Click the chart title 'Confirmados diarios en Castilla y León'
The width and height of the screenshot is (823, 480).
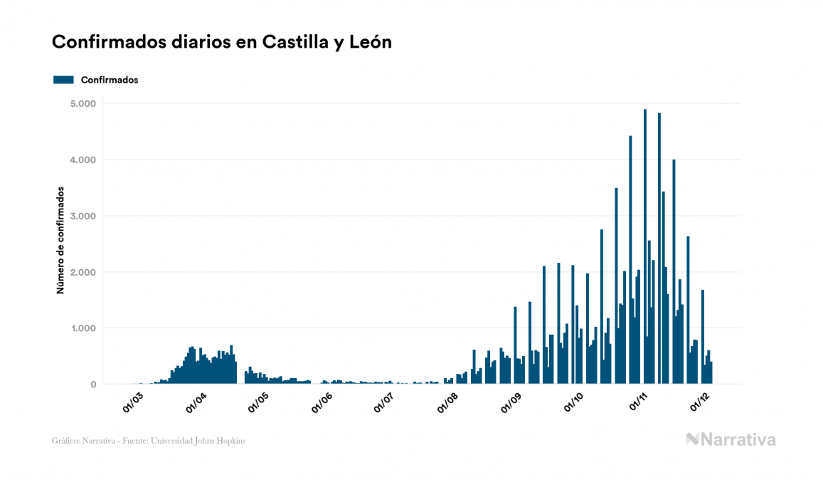(x=222, y=43)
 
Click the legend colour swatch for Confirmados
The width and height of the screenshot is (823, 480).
(x=63, y=80)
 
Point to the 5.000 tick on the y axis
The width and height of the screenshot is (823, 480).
(x=83, y=104)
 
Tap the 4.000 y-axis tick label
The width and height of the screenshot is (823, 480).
(x=83, y=160)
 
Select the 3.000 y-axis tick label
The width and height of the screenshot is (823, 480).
(x=83, y=216)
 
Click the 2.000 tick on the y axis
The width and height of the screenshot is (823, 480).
(x=83, y=273)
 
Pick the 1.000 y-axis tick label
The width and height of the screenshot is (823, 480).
(x=83, y=328)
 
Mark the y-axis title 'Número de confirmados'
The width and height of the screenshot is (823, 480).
(x=60, y=241)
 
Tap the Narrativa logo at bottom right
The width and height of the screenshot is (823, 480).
(x=731, y=439)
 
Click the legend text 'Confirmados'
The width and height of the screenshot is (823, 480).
(x=110, y=80)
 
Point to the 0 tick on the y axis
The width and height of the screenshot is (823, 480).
(x=93, y=385)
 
